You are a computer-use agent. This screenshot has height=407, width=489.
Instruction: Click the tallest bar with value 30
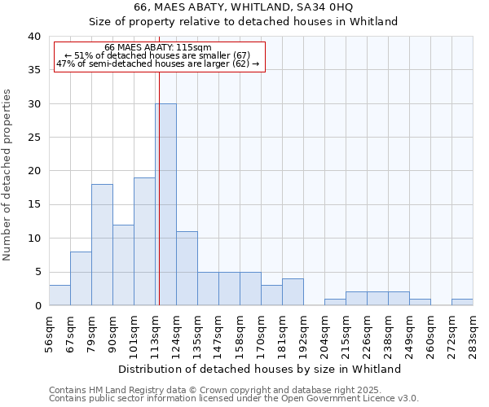tap(165, 204)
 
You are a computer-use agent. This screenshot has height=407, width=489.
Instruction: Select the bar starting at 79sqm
tap(102, 244)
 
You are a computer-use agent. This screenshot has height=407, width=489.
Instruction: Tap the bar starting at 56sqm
tap(59, 295)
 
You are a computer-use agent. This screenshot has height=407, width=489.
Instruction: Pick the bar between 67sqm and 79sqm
tap(81, 278)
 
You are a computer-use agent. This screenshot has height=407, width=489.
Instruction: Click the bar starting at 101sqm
tap(144, 241)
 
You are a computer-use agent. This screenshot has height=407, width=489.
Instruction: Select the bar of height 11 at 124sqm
tap(187, 269)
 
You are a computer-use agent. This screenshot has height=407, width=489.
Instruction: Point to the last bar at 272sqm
tap(462, 302)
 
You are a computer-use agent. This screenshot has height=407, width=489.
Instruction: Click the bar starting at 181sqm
tap(293, 291)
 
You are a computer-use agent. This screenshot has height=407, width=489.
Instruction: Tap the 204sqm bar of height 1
tap(335, 302)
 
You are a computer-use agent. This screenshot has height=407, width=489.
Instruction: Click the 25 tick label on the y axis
tap(33, 138)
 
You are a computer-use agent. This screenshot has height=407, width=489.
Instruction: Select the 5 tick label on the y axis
tap(37, 272)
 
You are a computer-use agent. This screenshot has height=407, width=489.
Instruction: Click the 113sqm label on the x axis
tap(155, 332)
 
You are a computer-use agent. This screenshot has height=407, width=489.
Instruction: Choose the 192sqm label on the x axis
tap(303, 332)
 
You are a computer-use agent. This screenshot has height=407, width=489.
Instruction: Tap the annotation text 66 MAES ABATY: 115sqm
tap(158, 47)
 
